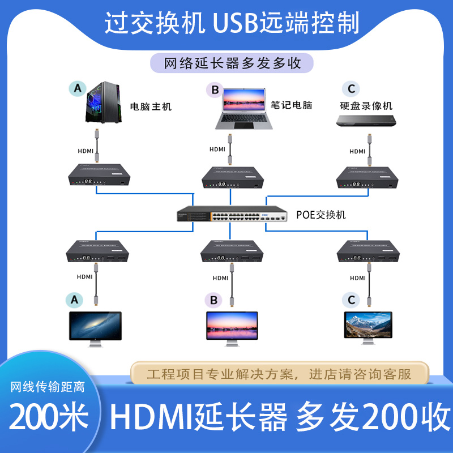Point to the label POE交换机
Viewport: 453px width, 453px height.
pos(320,215)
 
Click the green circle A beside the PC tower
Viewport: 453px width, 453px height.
pos(78,88)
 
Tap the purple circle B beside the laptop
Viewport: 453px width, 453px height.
pos(214,89)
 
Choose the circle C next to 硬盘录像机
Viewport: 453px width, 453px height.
pos(351,88)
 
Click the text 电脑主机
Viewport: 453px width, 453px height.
pos(151,106)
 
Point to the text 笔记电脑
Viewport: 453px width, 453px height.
pos(292,105)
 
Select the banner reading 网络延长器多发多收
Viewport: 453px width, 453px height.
pos(232,63)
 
